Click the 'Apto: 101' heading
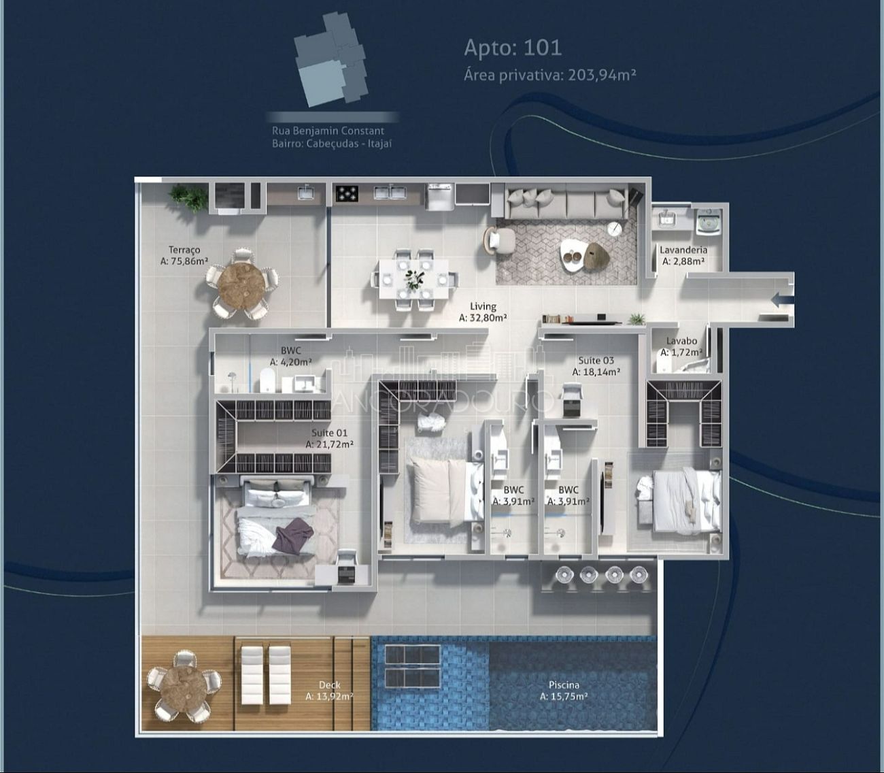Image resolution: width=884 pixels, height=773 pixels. point(513,48)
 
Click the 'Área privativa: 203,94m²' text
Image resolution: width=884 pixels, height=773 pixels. point(549,75)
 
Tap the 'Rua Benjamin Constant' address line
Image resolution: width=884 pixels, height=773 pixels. point(328,131)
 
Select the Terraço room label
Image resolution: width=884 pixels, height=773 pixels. point(184,255)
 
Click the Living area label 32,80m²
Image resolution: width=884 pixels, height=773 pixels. point(483,312)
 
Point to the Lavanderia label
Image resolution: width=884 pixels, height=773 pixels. point(683,255)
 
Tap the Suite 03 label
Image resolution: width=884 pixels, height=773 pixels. point(596,366)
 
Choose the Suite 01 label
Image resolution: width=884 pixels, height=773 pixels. point(329,438)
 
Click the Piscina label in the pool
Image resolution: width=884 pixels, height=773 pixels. point(564,691)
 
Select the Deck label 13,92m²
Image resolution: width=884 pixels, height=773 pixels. point(329,691)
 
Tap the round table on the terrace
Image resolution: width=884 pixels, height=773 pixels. point(242,283)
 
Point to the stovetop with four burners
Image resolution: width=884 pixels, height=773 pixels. point(347,194)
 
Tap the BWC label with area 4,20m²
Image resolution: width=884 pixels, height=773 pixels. point(290,357)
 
